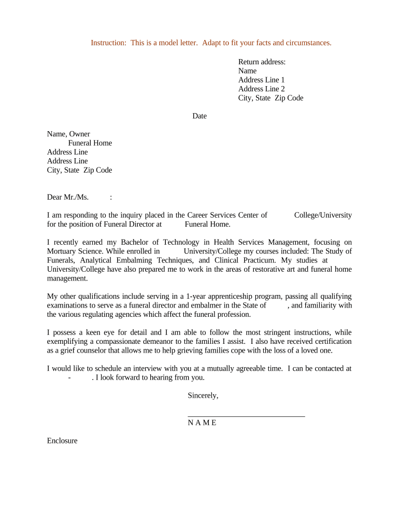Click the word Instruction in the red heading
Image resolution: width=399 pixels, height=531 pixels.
[x=108, y=43]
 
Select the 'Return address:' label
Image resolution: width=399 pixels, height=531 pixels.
[x=262, y=62]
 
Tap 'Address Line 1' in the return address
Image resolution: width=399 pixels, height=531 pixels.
[x=261, y=80]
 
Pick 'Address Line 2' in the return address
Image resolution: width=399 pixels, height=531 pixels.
[x=261, y=89]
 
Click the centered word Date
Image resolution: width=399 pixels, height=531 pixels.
[x=199, y=116]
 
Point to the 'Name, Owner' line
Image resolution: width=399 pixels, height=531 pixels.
[x=68, y=134]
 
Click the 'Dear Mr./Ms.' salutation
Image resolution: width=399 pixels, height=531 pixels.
[x=68, y=197]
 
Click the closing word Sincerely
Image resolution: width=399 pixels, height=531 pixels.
[x=203, y=396]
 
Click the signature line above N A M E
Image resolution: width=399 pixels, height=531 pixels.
[x=246, y=415]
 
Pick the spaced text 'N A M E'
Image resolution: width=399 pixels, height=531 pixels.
[x=202, y=423]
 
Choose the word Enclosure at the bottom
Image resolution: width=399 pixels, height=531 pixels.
[x=62, y=441]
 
